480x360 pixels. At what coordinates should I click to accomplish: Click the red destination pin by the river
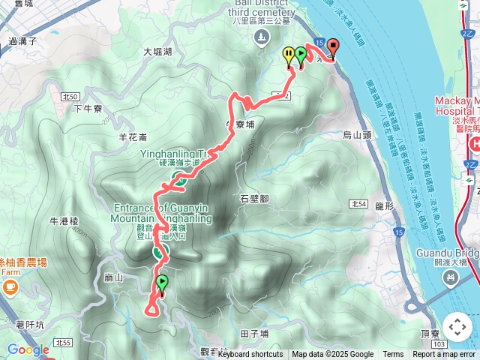click(332, 48)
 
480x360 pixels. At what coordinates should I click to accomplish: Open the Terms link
click(393, 355)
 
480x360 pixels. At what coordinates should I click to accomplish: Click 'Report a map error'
click(445, 355)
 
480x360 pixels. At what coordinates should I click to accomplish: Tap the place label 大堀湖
click(157, 52)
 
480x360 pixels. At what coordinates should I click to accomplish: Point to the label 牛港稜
click(64, 222)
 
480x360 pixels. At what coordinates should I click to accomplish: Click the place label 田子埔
click(254, 332)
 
